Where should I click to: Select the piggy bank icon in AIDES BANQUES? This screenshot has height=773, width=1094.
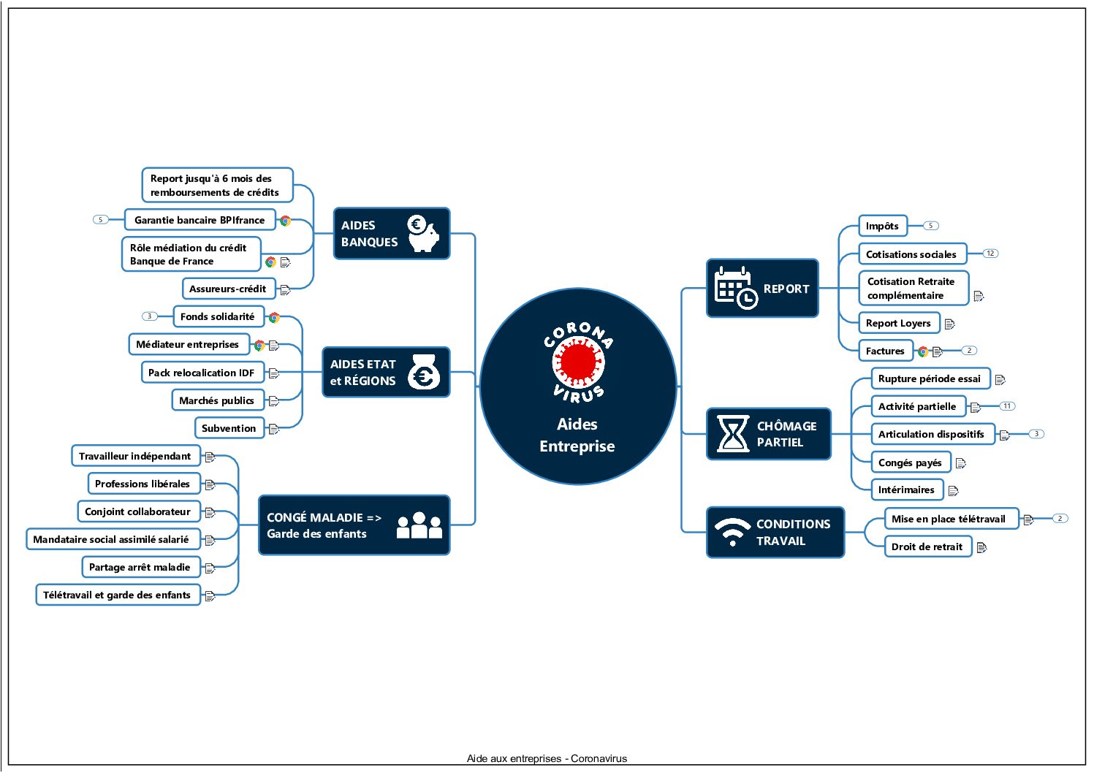tap(424, 234)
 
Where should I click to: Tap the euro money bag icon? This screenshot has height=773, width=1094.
tap(424, 373)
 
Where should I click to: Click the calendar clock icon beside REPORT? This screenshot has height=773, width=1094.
tap(735, 288)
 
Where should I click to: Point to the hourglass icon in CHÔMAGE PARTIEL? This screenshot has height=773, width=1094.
tap(732, 434)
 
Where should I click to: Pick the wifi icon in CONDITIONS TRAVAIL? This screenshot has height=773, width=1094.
tap(732, 532)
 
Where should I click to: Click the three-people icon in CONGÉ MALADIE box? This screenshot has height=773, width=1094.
tap(419, 525)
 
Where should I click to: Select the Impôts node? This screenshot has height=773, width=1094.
tap(882, 226)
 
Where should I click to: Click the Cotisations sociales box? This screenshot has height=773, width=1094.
tap(911, 254)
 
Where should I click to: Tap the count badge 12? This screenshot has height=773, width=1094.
tap(990, 254)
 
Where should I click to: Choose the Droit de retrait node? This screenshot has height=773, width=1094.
tap(927, 547)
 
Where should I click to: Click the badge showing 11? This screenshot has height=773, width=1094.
tap(1007, 406)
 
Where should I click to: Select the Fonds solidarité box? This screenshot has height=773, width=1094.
tap(218, 316)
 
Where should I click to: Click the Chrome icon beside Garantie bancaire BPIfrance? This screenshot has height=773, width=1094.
tap(285, 221)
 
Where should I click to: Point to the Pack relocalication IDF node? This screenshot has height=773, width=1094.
tap(202, 373)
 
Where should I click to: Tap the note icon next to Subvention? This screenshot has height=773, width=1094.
tap(274, 429)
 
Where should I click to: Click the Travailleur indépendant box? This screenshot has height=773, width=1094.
tap(135, 456)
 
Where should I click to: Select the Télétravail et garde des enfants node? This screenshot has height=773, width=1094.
tap(117, 595)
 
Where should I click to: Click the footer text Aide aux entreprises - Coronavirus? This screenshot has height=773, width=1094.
tap(547, 758)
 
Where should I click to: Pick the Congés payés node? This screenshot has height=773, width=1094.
tap(910, 462)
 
